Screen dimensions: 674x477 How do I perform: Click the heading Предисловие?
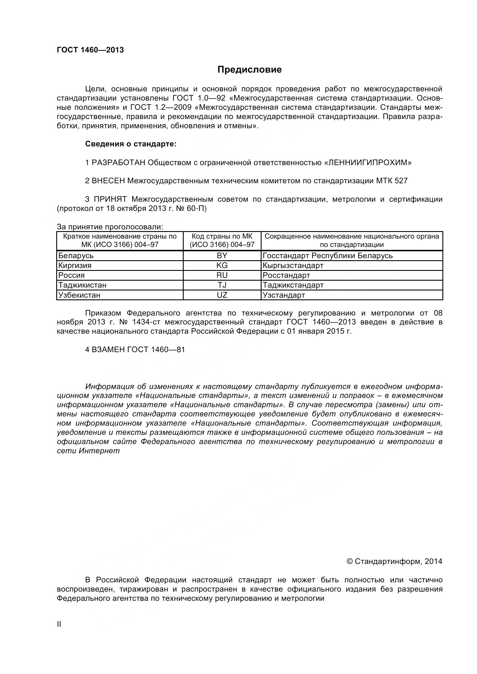coord(249,69)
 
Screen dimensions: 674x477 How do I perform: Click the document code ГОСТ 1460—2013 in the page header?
coord(90,50)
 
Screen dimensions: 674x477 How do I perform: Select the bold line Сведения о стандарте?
coord(131,144)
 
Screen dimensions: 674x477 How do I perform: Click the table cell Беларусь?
coord(76,256)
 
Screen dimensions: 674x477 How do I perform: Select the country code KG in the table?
coord(222,265)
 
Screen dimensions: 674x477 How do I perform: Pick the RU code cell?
coord(222,275)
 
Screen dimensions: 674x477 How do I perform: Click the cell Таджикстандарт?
coord(293,285)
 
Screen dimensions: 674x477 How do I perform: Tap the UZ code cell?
coord(222,295)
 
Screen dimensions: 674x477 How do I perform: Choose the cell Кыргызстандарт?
coord(293,265)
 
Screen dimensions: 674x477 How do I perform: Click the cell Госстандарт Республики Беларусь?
coord(328,256)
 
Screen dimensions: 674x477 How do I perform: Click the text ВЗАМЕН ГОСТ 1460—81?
coord(135,350)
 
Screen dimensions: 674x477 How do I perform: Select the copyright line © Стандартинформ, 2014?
coord(394,561)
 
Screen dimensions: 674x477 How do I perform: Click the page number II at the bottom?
coord(59,632)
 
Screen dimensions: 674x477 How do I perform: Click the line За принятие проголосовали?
coord(110,227)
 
